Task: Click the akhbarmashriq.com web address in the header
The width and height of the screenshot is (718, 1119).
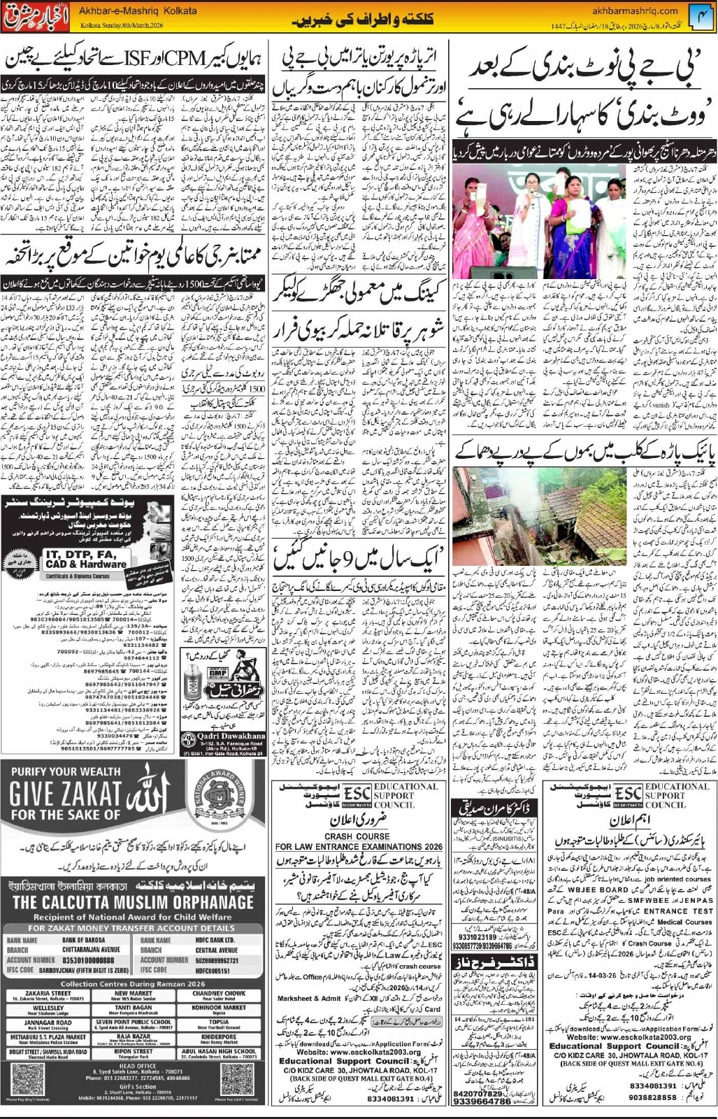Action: pos(634,10)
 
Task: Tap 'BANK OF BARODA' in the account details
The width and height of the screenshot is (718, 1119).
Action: pos(83,941)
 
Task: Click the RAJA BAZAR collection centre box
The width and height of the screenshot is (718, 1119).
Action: pos(134,1038)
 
